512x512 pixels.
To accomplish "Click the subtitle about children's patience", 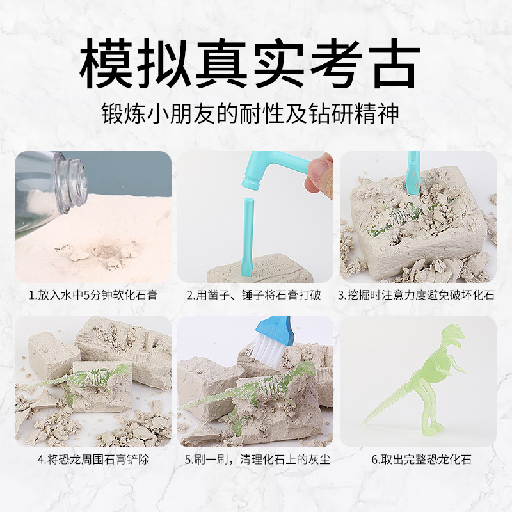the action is tap(250, 114).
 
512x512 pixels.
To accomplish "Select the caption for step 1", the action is tap(93, 295).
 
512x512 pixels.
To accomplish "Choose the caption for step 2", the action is tap(253, 295).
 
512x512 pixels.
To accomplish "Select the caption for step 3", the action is tap(416, 295).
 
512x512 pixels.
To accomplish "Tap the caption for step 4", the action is tap(93, 460).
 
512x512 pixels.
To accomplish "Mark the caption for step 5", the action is tap(257, 460).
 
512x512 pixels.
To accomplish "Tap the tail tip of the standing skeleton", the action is tap(363, 423).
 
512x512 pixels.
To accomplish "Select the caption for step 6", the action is tap(422, 460).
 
